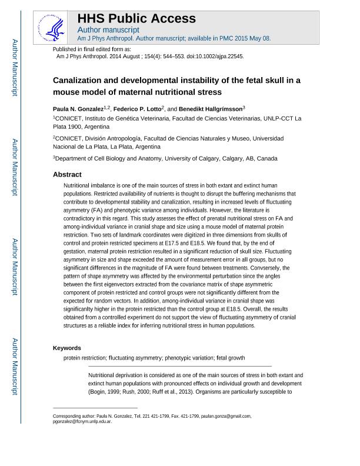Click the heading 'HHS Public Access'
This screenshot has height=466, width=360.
point(136,18)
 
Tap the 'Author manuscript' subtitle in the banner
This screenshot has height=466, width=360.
point(108,29)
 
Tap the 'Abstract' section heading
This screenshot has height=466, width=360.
point(67,175)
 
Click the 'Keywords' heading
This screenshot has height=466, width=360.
point(67,348)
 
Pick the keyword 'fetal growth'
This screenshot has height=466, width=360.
point(230,358)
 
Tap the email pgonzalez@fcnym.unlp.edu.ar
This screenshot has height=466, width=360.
point(82,422)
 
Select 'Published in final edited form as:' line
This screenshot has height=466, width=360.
point(92,49)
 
